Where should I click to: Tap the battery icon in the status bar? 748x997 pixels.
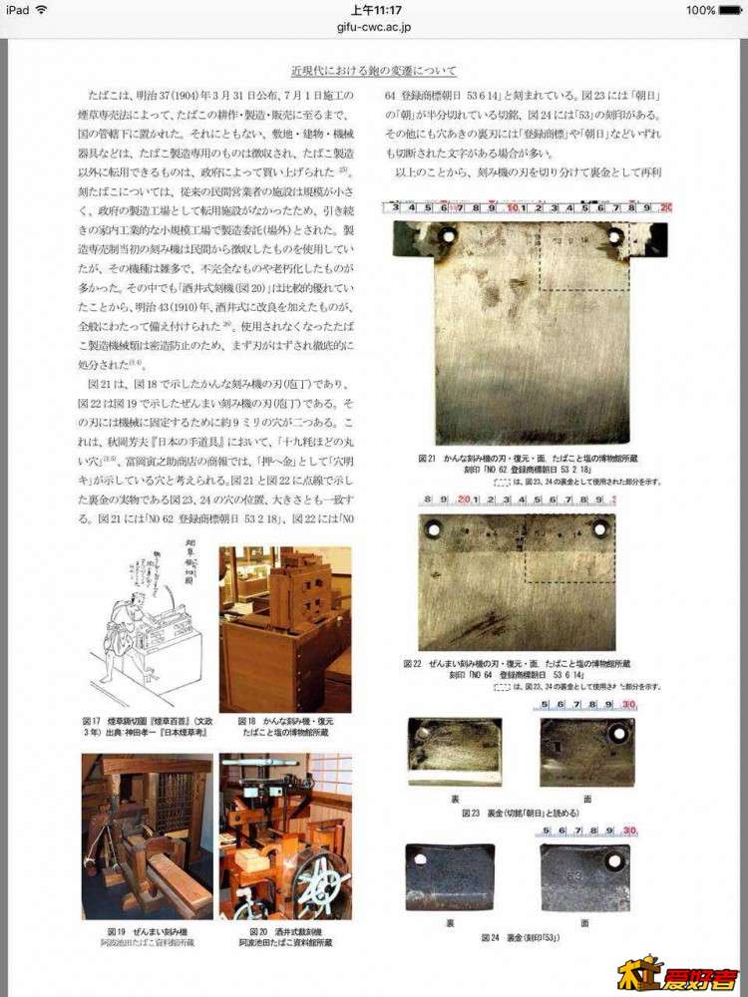pyautogui.click(x=732, y=10)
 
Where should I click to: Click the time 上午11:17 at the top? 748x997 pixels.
pyautogui.click(x=374, y=10)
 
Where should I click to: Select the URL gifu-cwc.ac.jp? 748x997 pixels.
pyautogui.click(x=374, y=30)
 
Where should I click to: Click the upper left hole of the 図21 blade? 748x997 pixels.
pyautogui.click(x=447, y=237)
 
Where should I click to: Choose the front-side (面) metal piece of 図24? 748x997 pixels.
pyautogui.click(x=584, y=877)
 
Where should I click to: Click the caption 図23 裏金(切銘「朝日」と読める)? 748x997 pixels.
pyautogui.click(x=521, y=813)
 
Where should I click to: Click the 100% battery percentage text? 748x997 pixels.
pyautogui.click(x=700, y=10)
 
